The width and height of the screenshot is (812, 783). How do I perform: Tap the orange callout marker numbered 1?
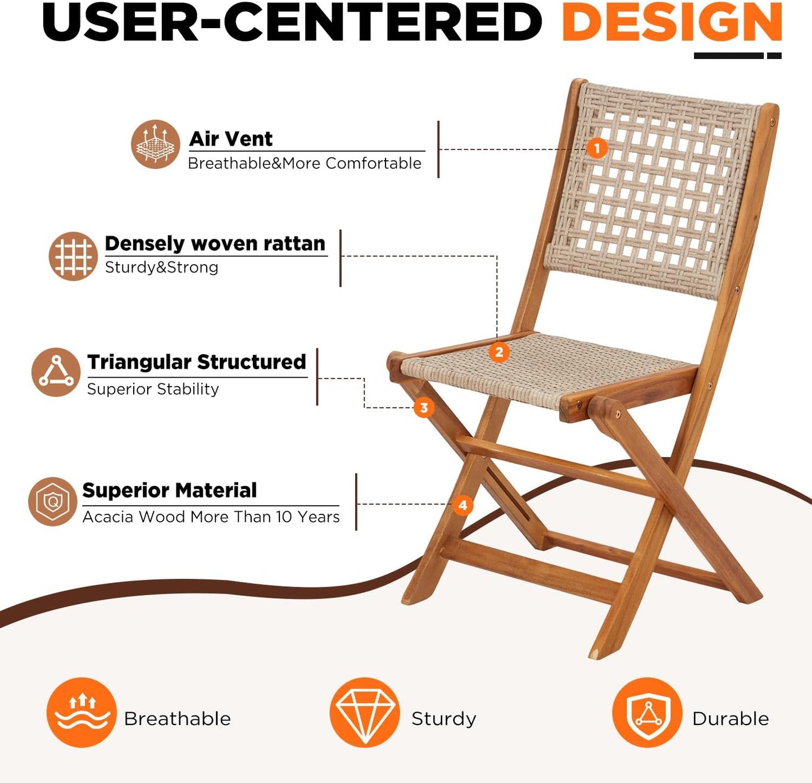pyautogui.click(x=597, y=149)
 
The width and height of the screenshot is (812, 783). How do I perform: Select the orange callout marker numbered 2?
pyautogui.click(x=499, y=353)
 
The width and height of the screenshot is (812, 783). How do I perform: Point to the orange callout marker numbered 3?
pyautogui.click(x=424, y=408)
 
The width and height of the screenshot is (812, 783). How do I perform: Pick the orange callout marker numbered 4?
pyautogui.click(x=463, y=505)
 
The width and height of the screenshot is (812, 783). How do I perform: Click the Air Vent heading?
pyautogui.click(x=231, y=138)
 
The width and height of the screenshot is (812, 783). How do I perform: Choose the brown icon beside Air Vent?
pyautogui.click(x=156, y=144)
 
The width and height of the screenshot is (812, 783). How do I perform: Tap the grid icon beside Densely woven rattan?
pyautogui.click(x=73, y=256)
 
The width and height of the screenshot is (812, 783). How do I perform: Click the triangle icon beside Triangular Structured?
pyautogui.click(x=56, y=372)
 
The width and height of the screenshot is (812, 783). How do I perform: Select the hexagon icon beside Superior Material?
pyautogui.click(x=52, y=501)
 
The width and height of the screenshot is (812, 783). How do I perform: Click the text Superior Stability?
pyautogui.click(x=153, y=389)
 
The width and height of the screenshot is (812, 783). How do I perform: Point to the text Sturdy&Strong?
pyautogui.click(x=162, y=267)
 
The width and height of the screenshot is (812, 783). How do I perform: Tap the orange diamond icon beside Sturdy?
pyautogui.click(x=365, y=712)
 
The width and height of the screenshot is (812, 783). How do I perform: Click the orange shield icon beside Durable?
pyautogui.click(x=647, y=712)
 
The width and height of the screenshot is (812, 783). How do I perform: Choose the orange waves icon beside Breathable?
pyautogui.click(x=81, y=712)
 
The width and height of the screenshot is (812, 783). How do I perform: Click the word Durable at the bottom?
pyautogui.click(x=731, y=718)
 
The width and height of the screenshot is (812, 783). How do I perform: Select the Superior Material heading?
pyautogui.click(x=170, y=490)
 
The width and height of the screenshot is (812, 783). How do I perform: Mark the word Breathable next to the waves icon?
pyautogui.click(x=178, y=718)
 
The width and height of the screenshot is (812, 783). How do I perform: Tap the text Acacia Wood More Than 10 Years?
pyautogui.click(x=211, y=517)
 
